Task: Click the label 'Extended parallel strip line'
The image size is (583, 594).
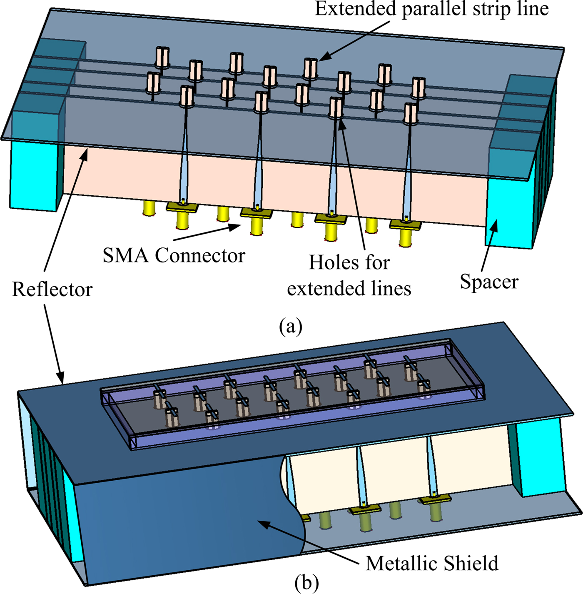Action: [431, 9]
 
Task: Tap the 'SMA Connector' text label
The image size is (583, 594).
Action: [174, 255]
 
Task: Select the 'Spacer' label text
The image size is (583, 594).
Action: [489, 282]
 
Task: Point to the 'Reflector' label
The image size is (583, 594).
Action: [52, 290]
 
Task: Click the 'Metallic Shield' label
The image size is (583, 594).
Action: [432, 564]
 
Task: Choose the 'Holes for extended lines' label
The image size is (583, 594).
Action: [349, 275]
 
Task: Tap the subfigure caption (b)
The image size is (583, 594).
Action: [306, 582]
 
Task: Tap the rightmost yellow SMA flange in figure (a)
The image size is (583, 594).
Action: [406, 225]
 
